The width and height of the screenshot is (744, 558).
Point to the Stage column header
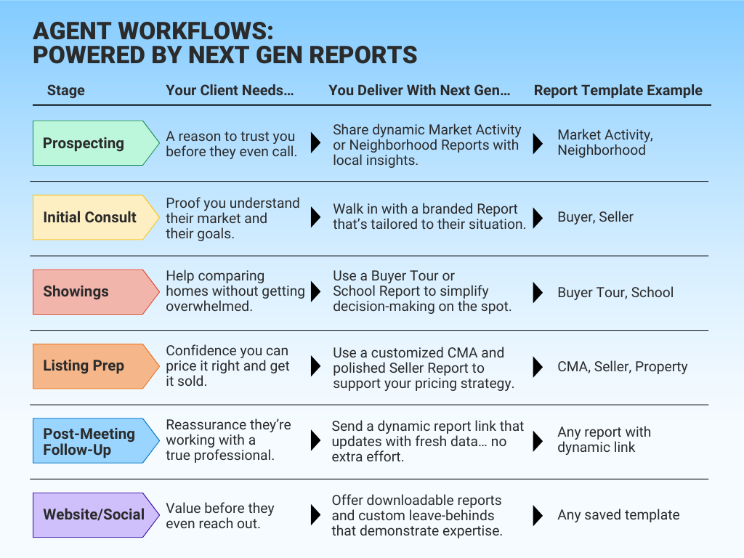pyautogui.click(x=65, y=91)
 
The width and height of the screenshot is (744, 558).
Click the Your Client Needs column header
pyautogui.click(x=230, y=91)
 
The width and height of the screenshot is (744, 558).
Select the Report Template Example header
pyautogui.click(x=618, y=91)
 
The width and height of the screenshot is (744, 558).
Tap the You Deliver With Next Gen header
pyautogui.click(x=419, y=91)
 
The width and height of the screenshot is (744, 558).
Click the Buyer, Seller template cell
pyautogui.click(x=595, y=217)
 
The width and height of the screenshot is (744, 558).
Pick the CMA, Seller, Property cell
pyautogui.click(x=622, y=366)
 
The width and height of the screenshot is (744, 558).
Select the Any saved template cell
pyautogui.click(x=618, y=515)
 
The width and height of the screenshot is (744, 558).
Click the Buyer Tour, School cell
pyautogui.click(x=615, y=292)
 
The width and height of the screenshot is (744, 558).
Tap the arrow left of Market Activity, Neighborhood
pyautogui.click(x=538, y=143)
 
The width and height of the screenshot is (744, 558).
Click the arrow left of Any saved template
pyautogui.click(x=538, y=515)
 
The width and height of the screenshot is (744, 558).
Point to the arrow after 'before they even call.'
pyautogui.click(x=315, y=143)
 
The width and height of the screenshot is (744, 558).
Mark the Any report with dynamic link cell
pyautogui.click(x=604, y=440)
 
